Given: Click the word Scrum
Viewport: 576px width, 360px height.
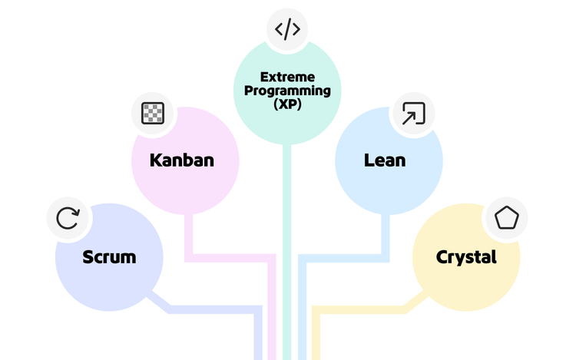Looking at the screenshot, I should (109, 257).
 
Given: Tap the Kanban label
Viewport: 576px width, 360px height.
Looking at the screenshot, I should (181, 161).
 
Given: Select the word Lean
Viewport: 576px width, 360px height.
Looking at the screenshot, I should (384, 161).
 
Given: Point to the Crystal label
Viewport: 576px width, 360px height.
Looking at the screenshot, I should (466, 257).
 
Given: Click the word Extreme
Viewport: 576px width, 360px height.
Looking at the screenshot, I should (287, 77).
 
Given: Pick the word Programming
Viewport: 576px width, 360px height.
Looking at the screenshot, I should (287, 91).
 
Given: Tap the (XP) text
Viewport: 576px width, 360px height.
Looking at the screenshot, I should (287, 104).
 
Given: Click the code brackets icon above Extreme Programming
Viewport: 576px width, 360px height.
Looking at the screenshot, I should (287, 30).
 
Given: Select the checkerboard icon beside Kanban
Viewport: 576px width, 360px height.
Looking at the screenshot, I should (153, 114).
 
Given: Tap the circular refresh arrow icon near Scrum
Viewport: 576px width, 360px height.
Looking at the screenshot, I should (68, 218).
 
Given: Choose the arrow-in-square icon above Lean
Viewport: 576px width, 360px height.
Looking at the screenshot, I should (413, 114).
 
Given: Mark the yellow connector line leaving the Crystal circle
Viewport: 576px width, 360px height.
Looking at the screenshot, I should (361, 309).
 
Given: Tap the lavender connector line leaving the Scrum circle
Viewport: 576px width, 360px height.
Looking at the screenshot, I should (207, 309).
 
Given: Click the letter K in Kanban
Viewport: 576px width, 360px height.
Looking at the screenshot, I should (155, 161).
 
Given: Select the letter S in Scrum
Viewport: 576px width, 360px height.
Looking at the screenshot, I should (88, 257).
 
